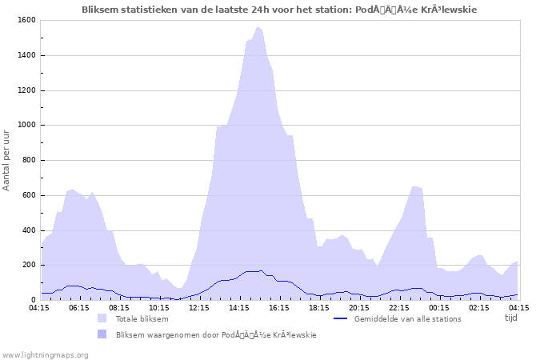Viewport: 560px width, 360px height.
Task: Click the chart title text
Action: click(280, 10)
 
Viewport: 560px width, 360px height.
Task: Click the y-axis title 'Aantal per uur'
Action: click(7, 161)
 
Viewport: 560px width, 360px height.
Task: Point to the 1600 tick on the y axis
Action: click(26, 20)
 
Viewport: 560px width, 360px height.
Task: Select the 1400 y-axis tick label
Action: click(26, 55)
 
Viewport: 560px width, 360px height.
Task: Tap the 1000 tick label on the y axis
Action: click(26, 126)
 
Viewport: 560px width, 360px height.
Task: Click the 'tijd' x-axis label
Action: click(511, 318)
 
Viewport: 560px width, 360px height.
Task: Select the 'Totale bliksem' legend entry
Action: click(142, 318)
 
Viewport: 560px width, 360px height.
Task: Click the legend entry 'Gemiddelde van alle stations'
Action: click(407, 318)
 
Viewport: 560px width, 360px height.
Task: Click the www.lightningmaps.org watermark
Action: click(45, 354)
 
